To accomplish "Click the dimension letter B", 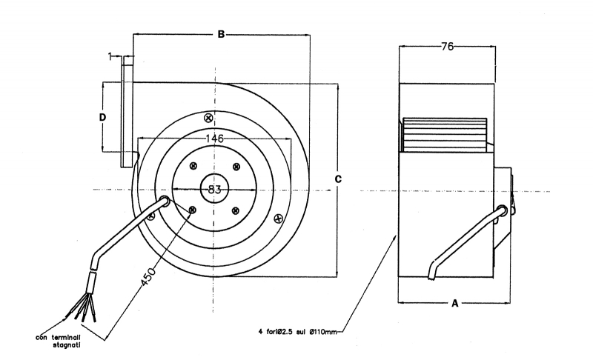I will [220, 33].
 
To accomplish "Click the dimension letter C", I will [338, 179].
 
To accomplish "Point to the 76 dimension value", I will [447, 47].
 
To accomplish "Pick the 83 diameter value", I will [214, 190].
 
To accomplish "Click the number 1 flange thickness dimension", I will [110, 56].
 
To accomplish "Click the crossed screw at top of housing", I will [208, 117].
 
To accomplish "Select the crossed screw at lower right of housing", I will [278, 218].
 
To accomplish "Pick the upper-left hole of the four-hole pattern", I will [193, 167].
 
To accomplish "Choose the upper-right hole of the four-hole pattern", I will [236, 167].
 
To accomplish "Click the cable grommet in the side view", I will [504, 210].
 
